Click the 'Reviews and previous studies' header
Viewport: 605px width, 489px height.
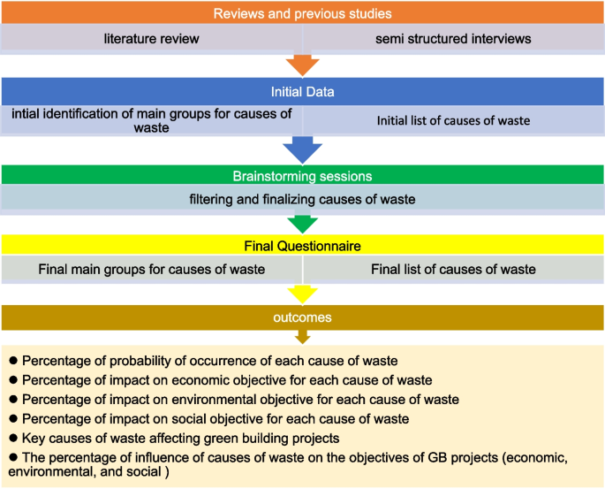[x=302, y=12]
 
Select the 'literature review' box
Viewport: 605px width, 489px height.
[x=151, y=38]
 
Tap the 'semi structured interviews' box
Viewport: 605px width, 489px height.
[x=453, y=38]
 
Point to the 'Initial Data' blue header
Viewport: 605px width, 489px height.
[x=302, y=92]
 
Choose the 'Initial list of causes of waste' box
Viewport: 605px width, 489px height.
[x=453, y=121]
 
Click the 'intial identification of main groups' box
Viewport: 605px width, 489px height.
[x=151, y=121]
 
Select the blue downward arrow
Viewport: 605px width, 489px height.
[x=302, y=149]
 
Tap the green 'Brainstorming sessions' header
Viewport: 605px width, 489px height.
[x=302, y=175]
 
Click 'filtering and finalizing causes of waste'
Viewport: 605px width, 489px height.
[x=302, y=199]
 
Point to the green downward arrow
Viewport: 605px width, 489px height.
[x=302, y=223]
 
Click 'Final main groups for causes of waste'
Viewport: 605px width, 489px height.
[x=151, y=269]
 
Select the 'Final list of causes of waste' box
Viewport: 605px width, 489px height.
[x=453, y=269]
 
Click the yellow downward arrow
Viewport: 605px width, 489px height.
[x=302, y=294]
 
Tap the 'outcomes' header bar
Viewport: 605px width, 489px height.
[x=302, y=316]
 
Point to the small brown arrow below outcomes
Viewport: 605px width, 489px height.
[x=302, y=336]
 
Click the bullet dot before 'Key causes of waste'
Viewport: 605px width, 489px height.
[x=13, y=439]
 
